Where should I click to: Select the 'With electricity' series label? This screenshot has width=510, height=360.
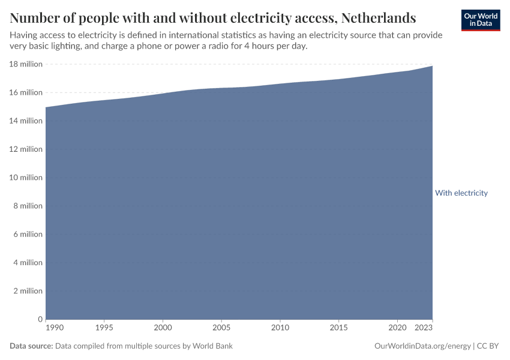pyautogui.click(x=461, y=193)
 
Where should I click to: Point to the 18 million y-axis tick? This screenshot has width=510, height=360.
pyautogui.click(x=26, y=64)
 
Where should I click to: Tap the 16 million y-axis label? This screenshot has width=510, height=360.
pyautogui.click(x=26, y=92)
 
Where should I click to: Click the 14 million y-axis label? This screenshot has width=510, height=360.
pyautogui.click(x=26, y=121)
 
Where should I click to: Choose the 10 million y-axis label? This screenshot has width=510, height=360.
pyautogui.click(x=26, y=178)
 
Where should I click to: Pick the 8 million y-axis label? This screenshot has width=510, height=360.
pyautogui.click(x=28, y=206)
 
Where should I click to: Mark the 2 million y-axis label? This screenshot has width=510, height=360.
pyautogui.click(x=28, y=291)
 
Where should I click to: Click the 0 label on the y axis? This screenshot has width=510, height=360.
pyautogui.click(x=40, y=319)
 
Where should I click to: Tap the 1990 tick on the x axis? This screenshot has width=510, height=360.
pyautogui.click(x=54, y=328)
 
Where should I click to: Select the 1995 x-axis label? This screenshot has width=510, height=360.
pyautogui.click(x=104, y=328)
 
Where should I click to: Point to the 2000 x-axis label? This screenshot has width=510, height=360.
pyautogui.click(x=163, y=328)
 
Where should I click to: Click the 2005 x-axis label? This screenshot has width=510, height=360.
pyautogui.click(x=221, y=328)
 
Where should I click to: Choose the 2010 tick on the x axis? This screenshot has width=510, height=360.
pyautogui.click(x=280, y=328)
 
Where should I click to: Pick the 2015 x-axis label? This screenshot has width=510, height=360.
pyautogui.click(x=339, y=328)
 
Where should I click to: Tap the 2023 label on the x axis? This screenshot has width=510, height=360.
pyautogui.click(x=424, y=328)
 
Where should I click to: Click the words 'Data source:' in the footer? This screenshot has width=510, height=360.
pyautogui.click(x=31, y=346)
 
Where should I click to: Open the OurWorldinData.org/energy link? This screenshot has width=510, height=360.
pyautogui.click(x=422, y=346)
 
